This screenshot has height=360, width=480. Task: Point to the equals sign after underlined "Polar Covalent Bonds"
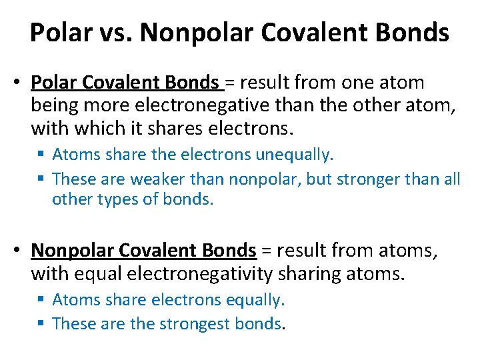(230, 83)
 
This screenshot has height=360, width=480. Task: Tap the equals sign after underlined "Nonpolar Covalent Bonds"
(265, 251)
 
